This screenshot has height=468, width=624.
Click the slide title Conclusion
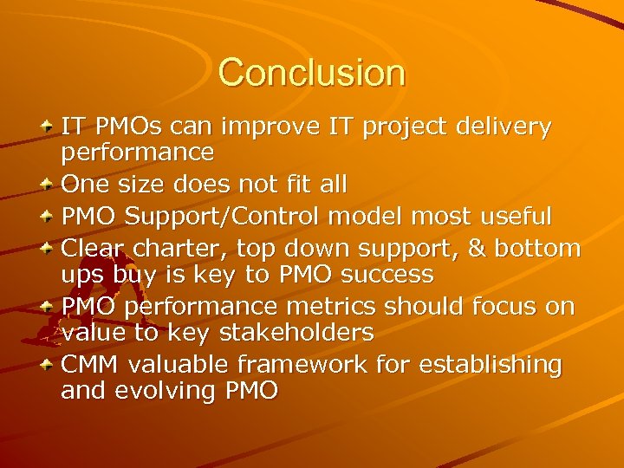click(x=311, y=73)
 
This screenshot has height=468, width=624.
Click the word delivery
click(x=503, y=127)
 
